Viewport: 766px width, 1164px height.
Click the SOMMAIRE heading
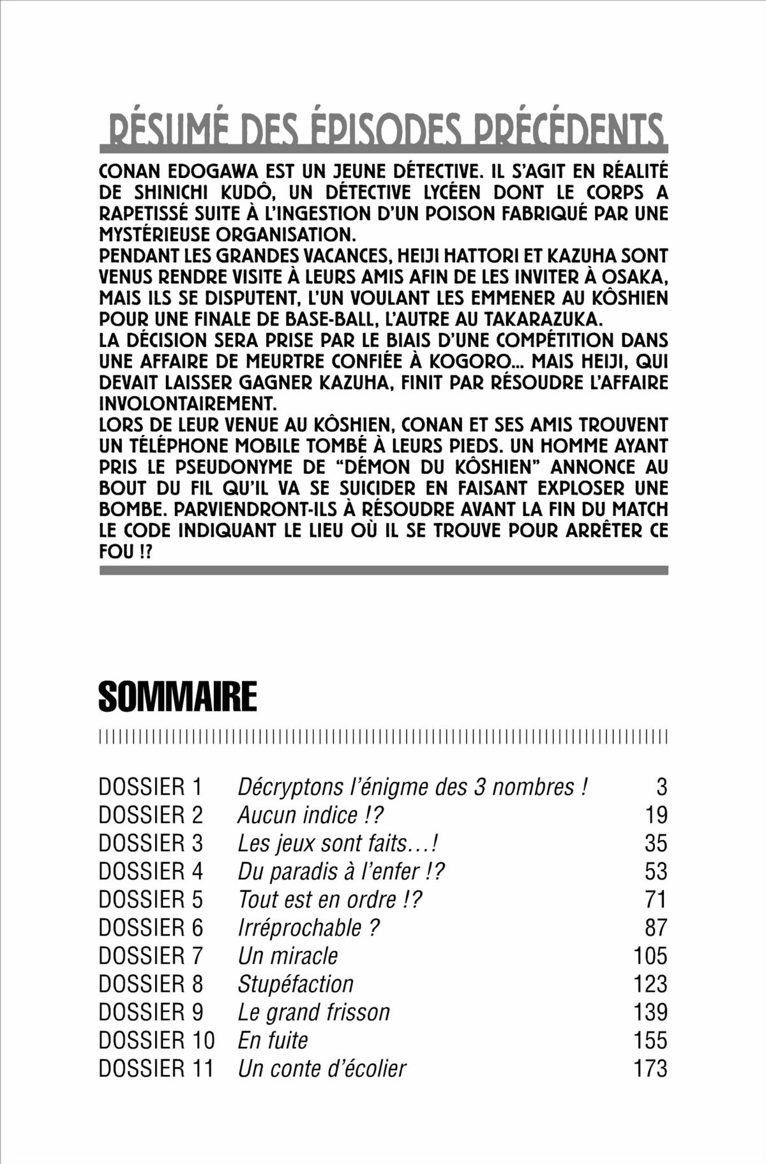pos(177,696)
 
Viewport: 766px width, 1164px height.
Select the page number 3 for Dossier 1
pos(661,787)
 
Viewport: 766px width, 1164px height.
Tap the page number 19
pos(656,815)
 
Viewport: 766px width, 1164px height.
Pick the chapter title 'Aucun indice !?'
pos(310,815)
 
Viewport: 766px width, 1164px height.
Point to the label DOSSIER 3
pos(150,843)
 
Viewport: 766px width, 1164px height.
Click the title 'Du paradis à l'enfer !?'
pos(341,871)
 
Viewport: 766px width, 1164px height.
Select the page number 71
pos(656,899)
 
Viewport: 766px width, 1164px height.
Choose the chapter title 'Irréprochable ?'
pos(309,927)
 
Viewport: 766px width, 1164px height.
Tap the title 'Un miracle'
pos(287,955)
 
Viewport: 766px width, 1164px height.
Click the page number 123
pos(650,984)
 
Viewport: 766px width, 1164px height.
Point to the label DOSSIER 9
pos(150,1012)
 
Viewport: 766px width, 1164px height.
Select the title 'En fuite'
pos(273,1040)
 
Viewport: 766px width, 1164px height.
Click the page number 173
pos(650,1068)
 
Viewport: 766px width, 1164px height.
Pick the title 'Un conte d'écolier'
pos(322,1068)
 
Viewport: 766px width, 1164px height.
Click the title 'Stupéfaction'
pos(296,984)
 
